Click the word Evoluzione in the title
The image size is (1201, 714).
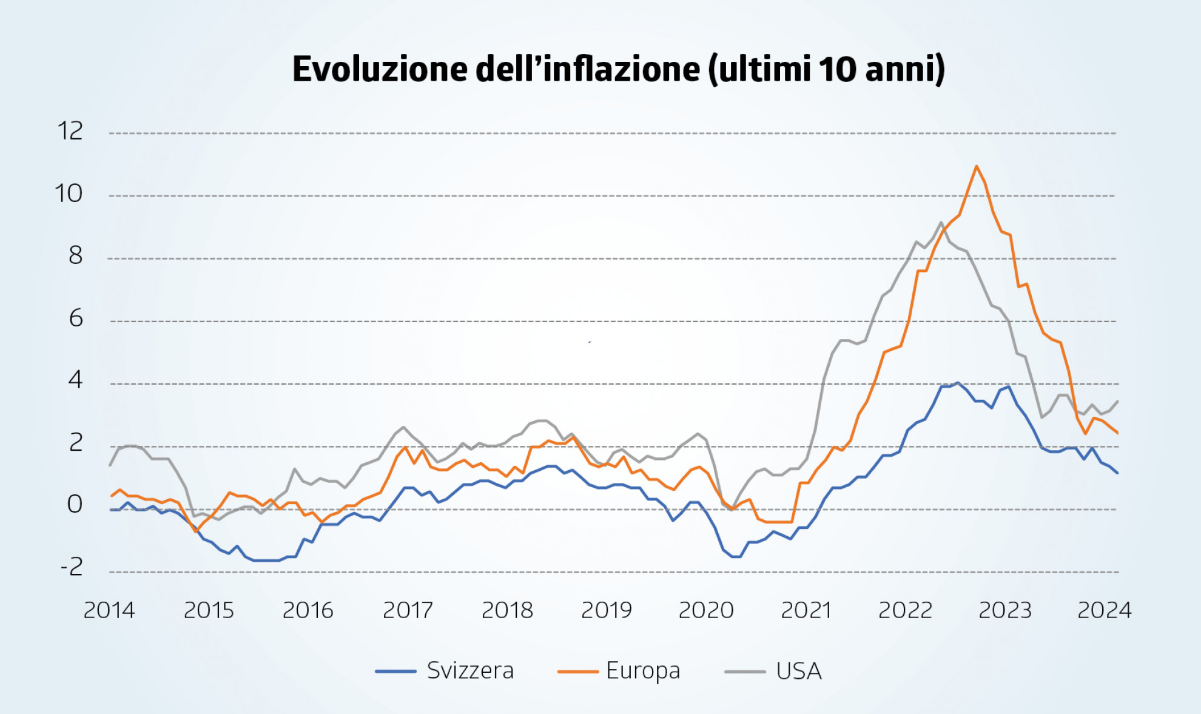point(380,69)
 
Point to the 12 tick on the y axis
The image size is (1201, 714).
point(70,131)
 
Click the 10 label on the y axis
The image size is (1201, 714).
point(69,194)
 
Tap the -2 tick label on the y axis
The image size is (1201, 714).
point(72,567)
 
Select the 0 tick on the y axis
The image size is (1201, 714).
point(75,504)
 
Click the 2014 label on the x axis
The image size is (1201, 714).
point(109,610)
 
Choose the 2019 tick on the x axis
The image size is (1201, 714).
point(607,610)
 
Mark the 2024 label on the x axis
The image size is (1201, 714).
point(1104,610)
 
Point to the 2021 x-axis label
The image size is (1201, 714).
point(806,610)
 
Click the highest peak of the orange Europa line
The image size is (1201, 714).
point(977,166)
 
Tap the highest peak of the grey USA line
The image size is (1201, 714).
point(941,223)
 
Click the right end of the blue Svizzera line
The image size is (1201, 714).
point(1117,473)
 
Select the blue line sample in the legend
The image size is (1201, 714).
point(395,671)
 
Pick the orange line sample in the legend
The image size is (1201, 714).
point(577,671)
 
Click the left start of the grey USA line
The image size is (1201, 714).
point(110,465)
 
